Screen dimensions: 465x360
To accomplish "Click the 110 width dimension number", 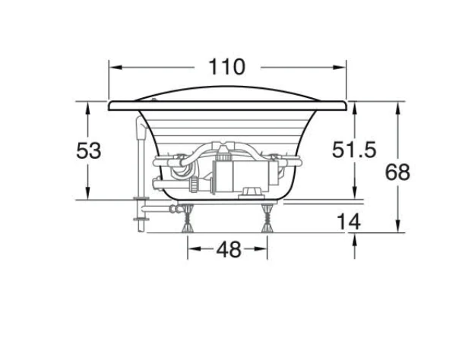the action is (x=227, y=67).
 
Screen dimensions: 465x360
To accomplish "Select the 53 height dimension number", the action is (x=89, y=150).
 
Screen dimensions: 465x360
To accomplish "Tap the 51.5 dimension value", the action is (x=354, y=150).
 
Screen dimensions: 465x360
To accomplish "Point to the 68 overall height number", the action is (x=397, y=172).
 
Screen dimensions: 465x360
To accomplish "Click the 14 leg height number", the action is (x=349, y=222).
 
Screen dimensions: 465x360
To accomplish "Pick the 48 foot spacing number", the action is (x=229, y=249).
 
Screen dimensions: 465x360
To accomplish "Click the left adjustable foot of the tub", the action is (x=188, y=219).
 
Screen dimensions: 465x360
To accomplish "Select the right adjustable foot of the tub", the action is (x=267, y=219).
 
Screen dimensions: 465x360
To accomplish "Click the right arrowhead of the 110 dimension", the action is (x=339, y=68).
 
